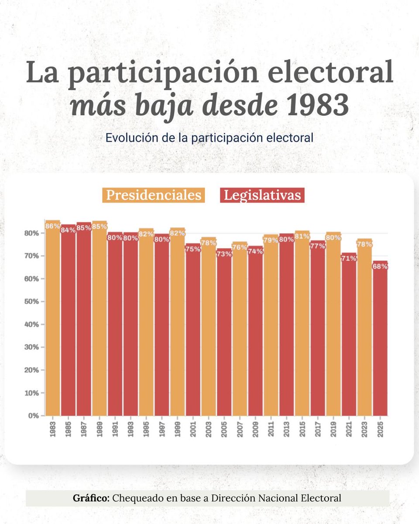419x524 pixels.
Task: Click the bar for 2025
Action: (380, 341)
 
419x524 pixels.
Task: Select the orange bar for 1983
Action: (52, 319)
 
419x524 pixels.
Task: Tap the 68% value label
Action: (380, 266)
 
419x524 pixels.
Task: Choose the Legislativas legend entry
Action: (262, 195)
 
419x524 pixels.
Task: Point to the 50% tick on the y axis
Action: (34, 302)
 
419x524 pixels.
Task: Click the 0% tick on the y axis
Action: (35, 416)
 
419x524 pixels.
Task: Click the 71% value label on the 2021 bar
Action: (349, 259)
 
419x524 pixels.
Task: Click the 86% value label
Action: (52, 226)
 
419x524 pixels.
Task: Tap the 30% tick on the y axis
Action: (34, 347)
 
